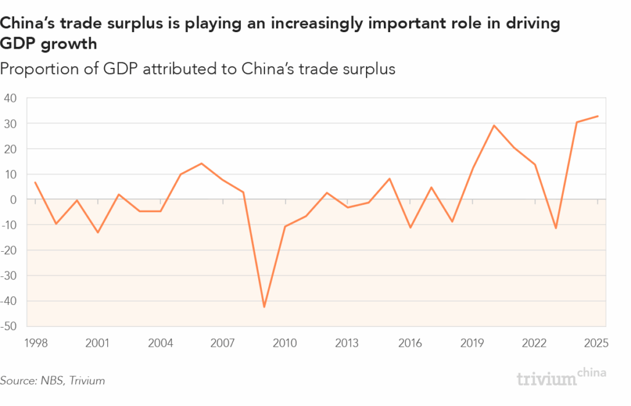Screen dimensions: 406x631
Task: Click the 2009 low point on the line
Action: pos(264,307)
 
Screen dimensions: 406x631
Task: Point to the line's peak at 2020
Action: pos(494,125)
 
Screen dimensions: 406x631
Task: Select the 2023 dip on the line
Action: pos(556,228)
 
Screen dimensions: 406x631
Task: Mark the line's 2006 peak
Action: pos(201,164)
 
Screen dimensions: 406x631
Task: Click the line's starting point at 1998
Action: pos(35,183)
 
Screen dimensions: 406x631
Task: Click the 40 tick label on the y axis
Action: pos(11,98)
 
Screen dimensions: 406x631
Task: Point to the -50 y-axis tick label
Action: pos(10,326)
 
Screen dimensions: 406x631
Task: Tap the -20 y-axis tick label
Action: pos(10,250)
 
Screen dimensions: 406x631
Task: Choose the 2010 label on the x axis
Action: pos(284,343)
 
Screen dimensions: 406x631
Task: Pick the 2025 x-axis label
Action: pos(596,343)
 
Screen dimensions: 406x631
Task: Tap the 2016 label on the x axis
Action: pos(409,343)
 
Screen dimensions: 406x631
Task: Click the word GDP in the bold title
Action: pos(18,44)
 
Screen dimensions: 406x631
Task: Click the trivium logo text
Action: pos(547,378)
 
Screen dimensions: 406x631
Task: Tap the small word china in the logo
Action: pos(593,372)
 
